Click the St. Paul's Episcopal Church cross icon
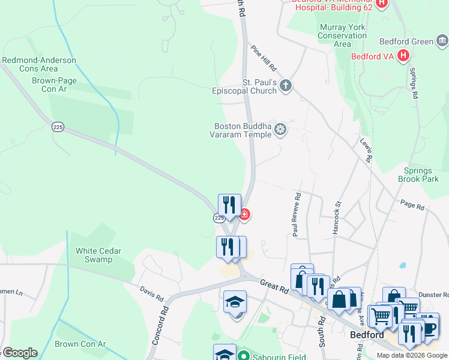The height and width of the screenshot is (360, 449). click(x=285, y=86)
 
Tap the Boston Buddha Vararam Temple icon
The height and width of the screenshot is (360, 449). click(x=280, y=130)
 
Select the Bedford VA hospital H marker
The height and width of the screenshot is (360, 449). click(x=403, y=56)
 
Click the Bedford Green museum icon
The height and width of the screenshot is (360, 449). click(x=442, y=41)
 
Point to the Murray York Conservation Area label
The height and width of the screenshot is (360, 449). click(x=342, y=35)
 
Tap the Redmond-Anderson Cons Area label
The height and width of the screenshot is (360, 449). click(x=39, y=64)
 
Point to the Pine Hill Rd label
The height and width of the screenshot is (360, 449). click(x=264, y=58)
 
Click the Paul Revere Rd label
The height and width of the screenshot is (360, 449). click(x=297, y=214)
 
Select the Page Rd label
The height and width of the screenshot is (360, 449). click(x=412, y=205)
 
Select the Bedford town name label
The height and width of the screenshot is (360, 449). click(x=367, y=335)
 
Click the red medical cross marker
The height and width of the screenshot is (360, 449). click(x=244, y=214)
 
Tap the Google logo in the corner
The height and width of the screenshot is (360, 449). click(x=20, y=352)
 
